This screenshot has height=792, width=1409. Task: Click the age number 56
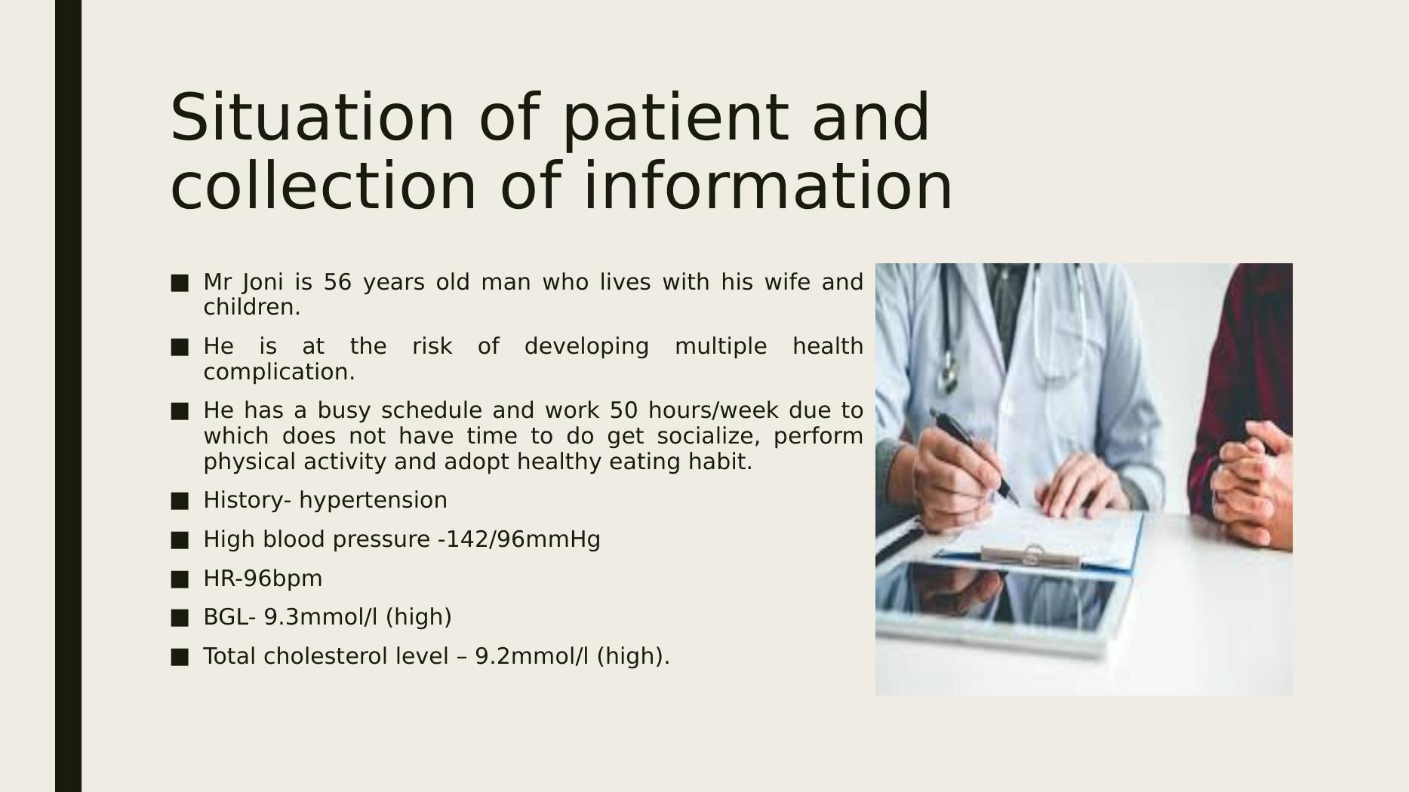337,282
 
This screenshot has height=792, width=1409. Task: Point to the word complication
279,372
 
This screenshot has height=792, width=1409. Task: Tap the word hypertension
373,501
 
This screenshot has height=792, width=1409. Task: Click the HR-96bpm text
263,579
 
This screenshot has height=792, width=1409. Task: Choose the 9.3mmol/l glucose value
321,617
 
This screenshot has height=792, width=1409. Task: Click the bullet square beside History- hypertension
180,501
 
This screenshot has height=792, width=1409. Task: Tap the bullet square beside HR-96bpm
180,579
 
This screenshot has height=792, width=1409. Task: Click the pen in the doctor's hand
974,456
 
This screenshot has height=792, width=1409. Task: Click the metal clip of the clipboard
1031,557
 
